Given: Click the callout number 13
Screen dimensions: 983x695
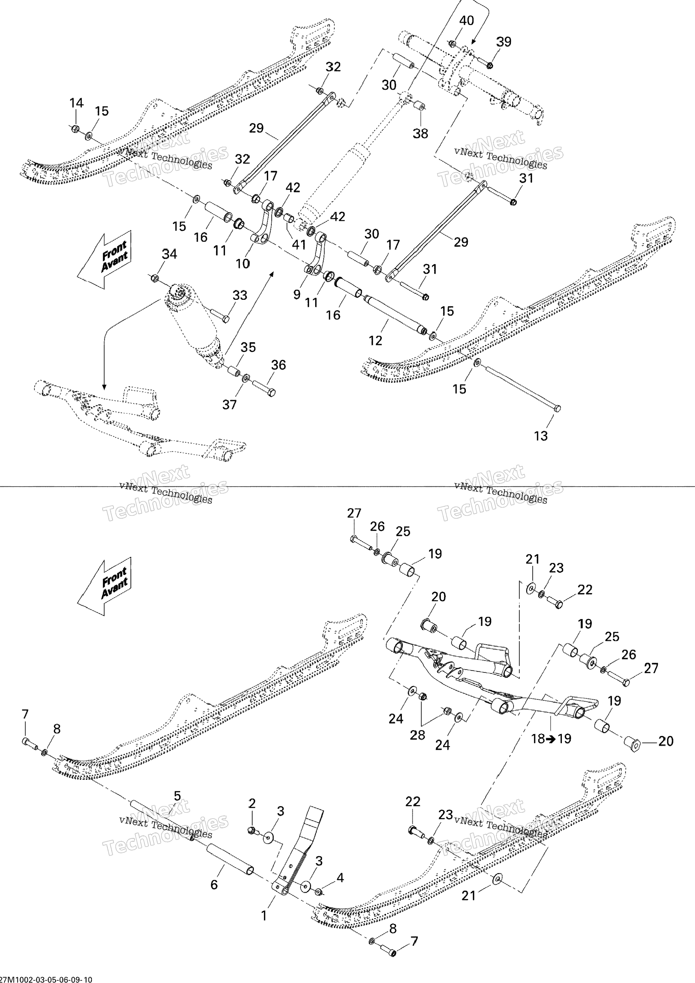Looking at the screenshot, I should click(541, 436).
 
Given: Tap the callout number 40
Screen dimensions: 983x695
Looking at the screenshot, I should click(467, 21).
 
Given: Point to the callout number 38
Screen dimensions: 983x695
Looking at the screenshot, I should click(420, 133).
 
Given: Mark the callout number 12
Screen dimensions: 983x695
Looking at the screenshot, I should click(375, 341).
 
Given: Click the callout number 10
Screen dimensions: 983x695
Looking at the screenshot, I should click(243, 264).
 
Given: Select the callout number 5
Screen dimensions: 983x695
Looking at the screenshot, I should click(177, 796).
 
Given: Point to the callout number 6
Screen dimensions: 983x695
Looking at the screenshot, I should click(214, 885).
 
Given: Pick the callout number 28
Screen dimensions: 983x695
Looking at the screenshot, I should click(417, 735).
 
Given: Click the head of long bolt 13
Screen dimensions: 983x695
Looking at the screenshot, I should click(557, 408).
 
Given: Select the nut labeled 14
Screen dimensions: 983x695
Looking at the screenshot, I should click(74, 128).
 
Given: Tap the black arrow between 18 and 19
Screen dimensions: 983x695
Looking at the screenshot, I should click(551, 739).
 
